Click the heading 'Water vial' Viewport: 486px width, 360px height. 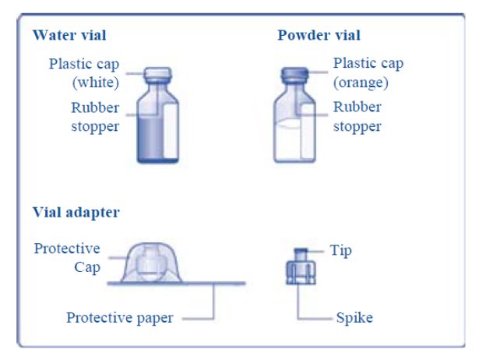pos(69,35)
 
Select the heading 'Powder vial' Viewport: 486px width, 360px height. pos(319,35)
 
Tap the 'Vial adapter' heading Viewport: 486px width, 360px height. pos(76,213)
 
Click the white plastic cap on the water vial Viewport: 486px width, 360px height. pos(157,74)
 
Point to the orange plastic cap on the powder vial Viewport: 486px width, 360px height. pos(294,73)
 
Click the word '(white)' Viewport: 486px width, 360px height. pos(96,83)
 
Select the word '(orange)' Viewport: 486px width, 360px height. pos(361,83)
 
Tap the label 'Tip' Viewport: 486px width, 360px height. pos(340,251)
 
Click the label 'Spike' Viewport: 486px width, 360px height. pos(354,318)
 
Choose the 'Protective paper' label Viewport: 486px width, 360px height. pos(120,318)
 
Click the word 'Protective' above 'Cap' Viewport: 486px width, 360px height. pos(67,249)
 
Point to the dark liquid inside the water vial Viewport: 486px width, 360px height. pos(150,138)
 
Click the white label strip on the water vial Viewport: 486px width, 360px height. pos(171,131)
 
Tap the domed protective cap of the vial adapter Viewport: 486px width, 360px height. pos(151,263)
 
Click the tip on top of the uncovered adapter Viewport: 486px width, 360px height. pos(301,255)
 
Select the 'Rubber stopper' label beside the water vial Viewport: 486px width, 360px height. pos(95,117)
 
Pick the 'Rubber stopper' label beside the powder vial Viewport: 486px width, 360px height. pos(357,117)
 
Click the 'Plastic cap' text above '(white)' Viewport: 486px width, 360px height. pos(84,64)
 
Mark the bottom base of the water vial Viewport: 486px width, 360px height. pos(158,161)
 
